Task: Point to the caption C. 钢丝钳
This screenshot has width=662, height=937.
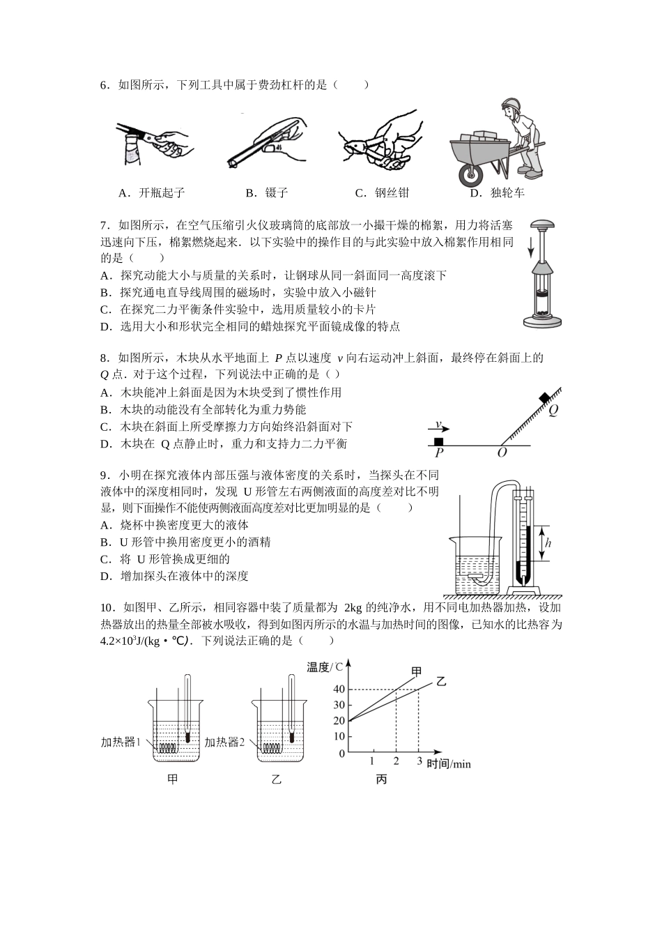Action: pyautogui.click(x=382, y=192)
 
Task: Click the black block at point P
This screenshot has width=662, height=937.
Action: pyautogui.click(x=438, y=441)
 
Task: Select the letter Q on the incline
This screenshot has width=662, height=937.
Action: pyautogui.click(x=553, y=411)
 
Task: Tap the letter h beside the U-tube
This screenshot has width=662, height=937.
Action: pyautogui.click(x=548, y=543)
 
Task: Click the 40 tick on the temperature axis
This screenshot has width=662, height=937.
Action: pyautogui.click(x=339, y=690)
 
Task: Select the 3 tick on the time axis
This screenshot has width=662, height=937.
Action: pyautogui.click(x=419, y=761)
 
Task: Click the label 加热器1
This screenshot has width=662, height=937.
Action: pyautogui.click(x=121, y=742)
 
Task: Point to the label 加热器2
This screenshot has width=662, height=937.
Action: pyautogui.click(x=224, y=742)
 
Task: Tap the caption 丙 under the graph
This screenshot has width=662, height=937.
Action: pyautogui.click(x=381, y=779)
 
